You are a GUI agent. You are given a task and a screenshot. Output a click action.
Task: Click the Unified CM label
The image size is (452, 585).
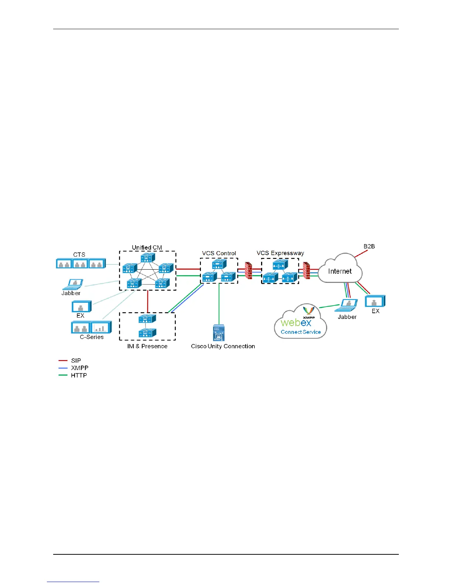(147, 247)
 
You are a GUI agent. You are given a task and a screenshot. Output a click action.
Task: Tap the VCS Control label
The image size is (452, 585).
(219, 253)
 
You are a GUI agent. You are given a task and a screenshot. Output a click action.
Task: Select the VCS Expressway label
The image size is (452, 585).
(280, 253)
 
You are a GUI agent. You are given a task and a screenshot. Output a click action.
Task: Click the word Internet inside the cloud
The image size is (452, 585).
(340, 271)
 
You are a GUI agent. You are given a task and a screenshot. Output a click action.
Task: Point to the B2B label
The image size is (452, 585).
(369, 246)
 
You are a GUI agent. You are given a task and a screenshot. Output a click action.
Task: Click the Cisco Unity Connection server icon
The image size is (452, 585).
(219, 332)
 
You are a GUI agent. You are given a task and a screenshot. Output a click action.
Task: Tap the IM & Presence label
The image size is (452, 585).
(147, 346)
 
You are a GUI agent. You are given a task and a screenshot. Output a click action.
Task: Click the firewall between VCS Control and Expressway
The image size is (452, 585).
(249, 271)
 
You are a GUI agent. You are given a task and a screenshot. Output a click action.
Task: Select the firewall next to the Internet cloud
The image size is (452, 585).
(306, 271)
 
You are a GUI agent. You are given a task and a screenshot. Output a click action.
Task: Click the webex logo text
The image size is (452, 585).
(296, 322)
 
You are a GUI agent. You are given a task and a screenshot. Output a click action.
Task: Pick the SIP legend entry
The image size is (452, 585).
(76, 360)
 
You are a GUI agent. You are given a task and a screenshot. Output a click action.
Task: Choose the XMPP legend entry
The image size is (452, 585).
(79, 368)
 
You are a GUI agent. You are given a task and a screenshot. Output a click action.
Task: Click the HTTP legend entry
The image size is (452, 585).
(79, 375)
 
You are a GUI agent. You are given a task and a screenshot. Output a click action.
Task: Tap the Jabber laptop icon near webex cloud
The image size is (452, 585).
(347, 305)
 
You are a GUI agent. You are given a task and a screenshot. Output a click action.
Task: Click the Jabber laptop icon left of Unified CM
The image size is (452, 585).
(73, 284)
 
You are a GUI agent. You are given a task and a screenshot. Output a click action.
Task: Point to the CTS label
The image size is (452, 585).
(79, 254)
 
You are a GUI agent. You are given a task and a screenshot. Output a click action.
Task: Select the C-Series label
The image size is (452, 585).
(92, 337)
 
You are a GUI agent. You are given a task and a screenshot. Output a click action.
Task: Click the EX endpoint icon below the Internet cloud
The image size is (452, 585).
(375, 301)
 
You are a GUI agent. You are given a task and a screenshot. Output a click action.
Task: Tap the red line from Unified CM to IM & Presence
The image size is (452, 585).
(148, 301)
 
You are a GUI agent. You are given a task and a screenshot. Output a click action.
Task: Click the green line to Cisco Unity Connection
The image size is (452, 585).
(219, 303)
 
